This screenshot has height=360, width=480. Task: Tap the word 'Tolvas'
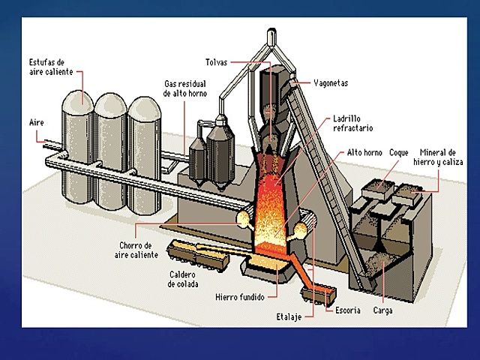click(217, 61)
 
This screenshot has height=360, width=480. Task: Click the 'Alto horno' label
click(364, 152)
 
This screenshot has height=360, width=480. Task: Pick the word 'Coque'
click(399, 152)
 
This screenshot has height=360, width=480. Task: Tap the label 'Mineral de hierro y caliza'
click(441, 156)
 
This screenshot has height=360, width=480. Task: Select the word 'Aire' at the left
click(37, 122)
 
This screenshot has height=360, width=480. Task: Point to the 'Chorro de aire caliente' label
click(139, 250)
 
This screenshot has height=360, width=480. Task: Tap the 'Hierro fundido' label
click(239, 297)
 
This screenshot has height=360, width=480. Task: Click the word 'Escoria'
click(348, 310)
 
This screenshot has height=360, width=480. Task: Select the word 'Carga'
click(382, 310)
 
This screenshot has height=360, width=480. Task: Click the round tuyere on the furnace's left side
click(242, 218)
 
